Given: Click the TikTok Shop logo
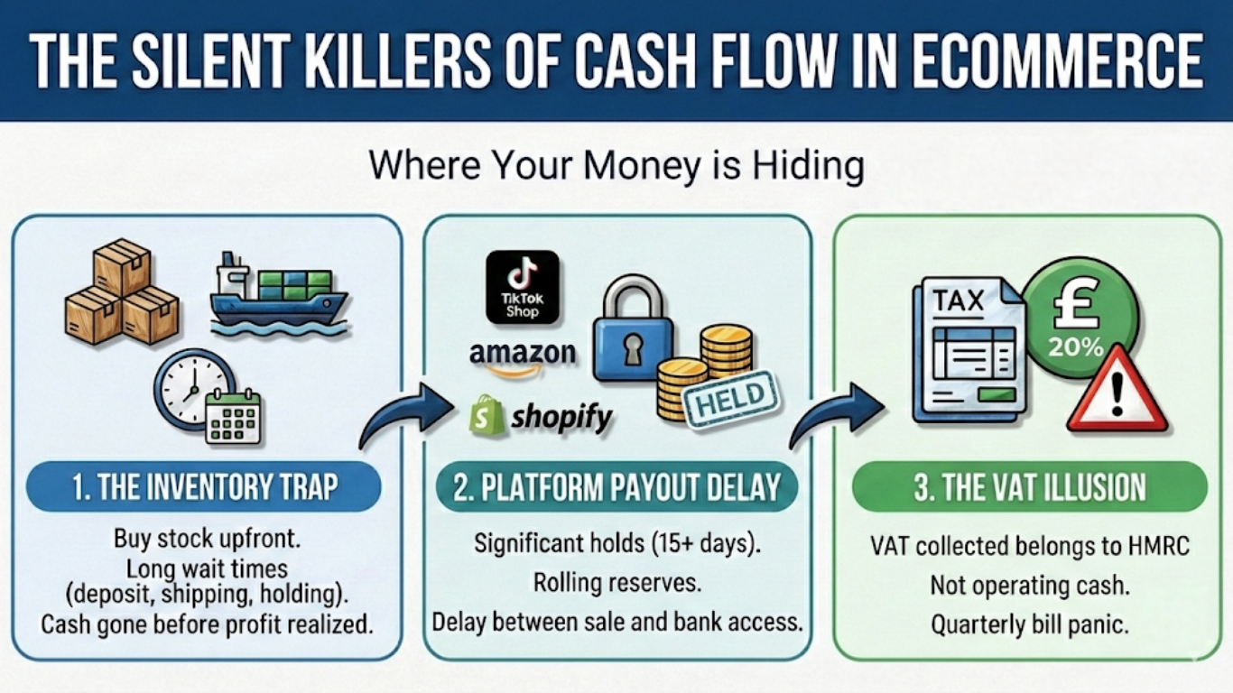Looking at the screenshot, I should pyautogui.click(x=522, y=287).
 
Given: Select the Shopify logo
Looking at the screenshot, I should pyautogui.click(x=541, y=416).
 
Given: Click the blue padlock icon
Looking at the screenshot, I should pyautogui.click(x=632, y=333).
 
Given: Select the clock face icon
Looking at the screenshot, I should pyautogui.click(x=191, y=390).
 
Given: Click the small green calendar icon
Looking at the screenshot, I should pyautogui.click(x=233, y=416).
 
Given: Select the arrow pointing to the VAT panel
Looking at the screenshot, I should pyautogui.click(x=836, y=414).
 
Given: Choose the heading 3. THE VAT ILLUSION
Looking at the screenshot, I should pyautogui.click(x=1030, y=488).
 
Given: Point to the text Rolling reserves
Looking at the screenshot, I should pyautogui.click(x=617, y=582).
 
